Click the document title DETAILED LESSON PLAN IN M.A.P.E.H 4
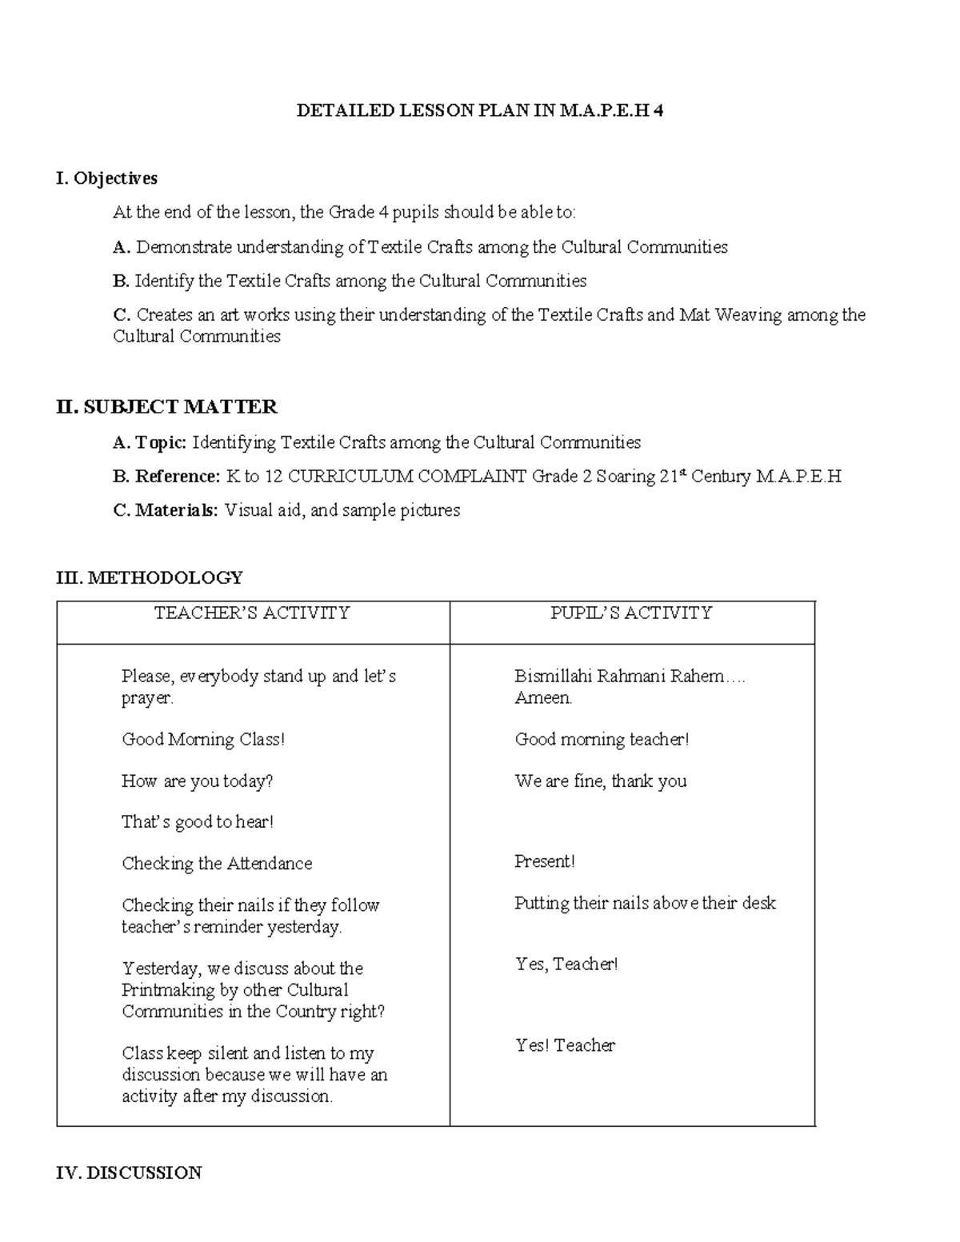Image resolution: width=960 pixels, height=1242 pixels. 479,111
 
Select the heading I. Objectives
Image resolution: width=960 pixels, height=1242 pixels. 106,178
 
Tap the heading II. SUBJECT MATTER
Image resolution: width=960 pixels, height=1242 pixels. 166,407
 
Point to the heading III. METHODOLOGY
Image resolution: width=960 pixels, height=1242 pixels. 149,577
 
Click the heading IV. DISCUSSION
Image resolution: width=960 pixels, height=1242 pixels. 129,1173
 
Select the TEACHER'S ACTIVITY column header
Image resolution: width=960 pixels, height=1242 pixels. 252,613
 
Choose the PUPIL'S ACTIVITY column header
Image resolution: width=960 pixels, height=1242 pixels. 631,613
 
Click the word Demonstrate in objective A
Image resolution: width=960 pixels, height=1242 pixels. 184,247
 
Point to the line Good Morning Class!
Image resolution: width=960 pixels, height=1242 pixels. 203,740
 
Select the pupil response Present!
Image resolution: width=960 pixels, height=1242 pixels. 544,861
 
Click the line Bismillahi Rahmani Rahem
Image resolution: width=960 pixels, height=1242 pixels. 629,677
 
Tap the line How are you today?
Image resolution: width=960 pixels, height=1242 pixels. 197,781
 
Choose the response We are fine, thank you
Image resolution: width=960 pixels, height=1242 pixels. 600,781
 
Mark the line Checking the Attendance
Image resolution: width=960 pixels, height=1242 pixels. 217,864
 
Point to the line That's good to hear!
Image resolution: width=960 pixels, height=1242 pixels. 198,822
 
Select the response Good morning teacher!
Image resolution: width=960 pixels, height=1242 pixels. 602,740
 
